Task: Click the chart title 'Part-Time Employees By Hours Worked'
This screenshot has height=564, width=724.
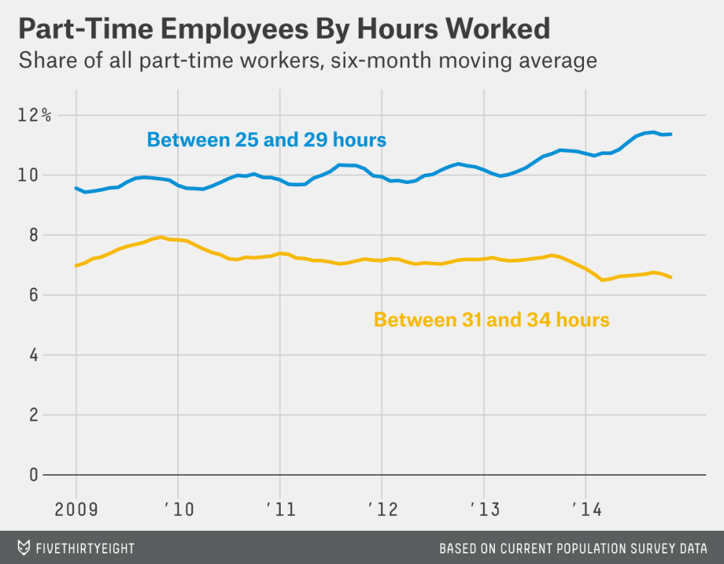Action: [x=284, y=29]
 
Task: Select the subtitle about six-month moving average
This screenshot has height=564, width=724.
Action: [x=308, y=61]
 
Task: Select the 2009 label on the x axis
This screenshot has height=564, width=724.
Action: [x=77, y=510]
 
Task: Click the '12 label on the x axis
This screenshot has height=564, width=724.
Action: [x=381, y=510]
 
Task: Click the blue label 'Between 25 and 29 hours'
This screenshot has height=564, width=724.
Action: [x=267, y=139]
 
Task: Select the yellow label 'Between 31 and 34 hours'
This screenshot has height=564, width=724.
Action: [x=491, y=320]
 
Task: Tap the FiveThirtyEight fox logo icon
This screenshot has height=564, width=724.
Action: [x=24, y=548]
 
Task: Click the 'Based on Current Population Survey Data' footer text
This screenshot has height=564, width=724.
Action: [x=573, y=548]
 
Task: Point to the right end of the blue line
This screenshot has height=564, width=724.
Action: [x=670, y=134]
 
